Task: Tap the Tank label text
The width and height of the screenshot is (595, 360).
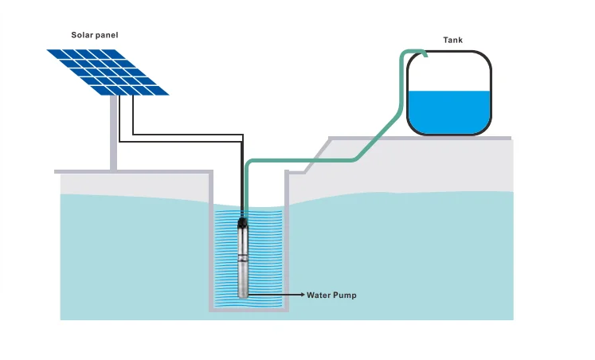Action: click(x=452, y=40)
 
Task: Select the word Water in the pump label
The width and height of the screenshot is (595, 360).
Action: click(x=323, y=295)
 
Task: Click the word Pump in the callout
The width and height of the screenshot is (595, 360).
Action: click(x=346, y=295)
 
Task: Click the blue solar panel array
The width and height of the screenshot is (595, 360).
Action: click(x=108, y=72)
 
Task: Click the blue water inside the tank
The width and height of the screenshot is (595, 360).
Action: click(x=448, y=111)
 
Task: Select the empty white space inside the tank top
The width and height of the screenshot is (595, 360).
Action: click(x=448, y=72)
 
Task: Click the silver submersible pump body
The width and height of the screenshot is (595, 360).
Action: click(x=244, y=259)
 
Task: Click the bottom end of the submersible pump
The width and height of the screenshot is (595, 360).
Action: click(x=244, y=295)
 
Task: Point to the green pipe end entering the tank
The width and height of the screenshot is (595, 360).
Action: click(x=424, y=54)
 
